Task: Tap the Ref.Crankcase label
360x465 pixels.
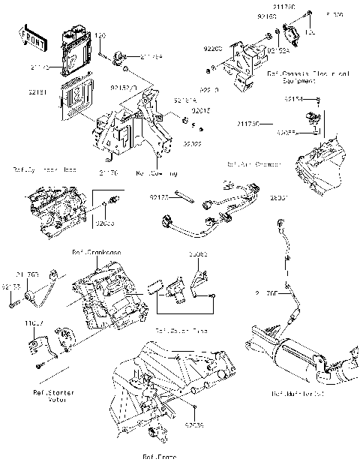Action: tap(97, 252)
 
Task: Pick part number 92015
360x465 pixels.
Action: tap(200, 110)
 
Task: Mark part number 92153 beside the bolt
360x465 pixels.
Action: tap(10, 286)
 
